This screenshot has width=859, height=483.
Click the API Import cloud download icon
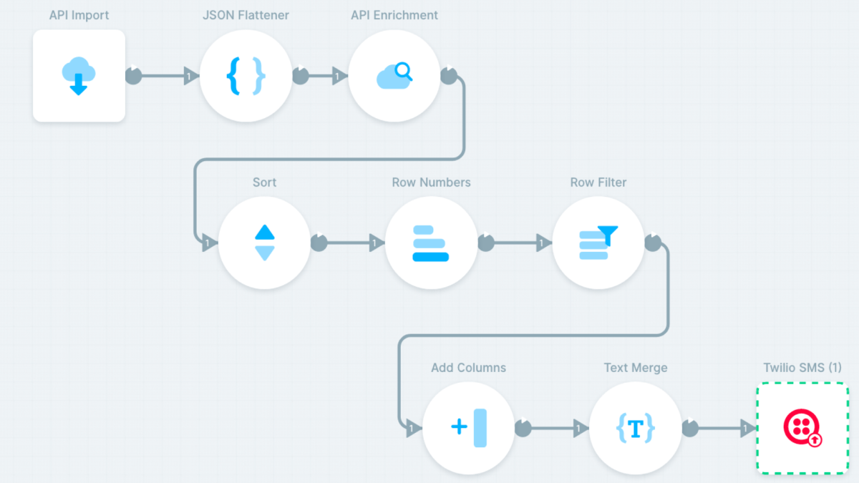[79, 76]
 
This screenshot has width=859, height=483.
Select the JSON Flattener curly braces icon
[246, 76]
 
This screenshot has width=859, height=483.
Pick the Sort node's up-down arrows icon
[265, 243]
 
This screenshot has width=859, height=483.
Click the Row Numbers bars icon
[431, 243]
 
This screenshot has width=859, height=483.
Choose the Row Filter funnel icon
[598, 243]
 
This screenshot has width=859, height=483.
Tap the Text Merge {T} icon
[636, 428]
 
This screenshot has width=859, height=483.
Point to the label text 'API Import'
[79, 15]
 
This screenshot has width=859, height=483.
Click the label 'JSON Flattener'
[246, 15]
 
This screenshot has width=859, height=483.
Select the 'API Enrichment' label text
[394, 15]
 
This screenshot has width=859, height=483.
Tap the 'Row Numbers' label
[431, 182]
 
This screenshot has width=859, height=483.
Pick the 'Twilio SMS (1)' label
[802, 368]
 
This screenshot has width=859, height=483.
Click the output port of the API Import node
[134, 76]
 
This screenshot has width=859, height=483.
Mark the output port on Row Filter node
[653, 243]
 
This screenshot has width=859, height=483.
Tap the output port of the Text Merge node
[690, 428]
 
